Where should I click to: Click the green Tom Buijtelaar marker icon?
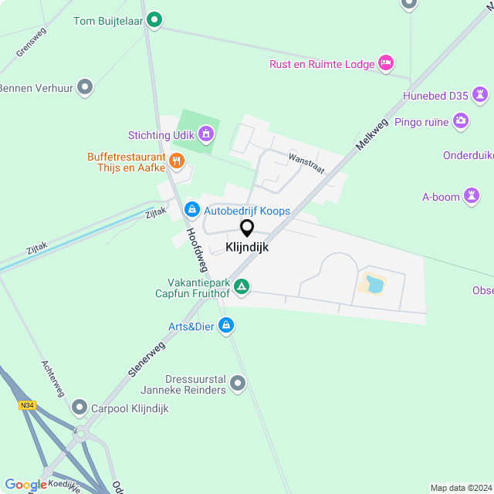[x=154, y=20]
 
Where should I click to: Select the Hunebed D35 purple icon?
[x=481, y=96]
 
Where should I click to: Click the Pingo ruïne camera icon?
[x=461, y=120]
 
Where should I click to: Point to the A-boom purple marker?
[x=472, y=196]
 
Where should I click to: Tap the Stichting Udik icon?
[x=205, y=135]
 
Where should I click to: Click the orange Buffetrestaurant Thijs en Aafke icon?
[x=177, y=161]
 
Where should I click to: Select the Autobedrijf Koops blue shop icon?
[x=191, y=209]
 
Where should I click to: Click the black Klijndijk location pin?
[x=247, y=228]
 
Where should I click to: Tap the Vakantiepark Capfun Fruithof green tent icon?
[x=242, y=287]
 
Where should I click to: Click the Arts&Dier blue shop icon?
[x=225, y=327]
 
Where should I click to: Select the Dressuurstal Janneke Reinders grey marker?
[x=238, y=382]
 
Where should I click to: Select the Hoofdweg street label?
[x=198, y=250]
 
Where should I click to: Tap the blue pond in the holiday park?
[x=374, y=284]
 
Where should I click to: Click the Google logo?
[x=25, y=485]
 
